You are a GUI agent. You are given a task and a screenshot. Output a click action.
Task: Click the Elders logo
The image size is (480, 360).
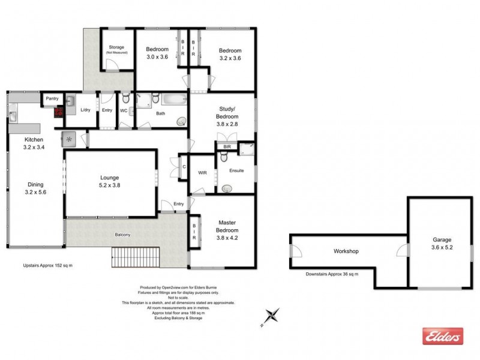coord(443,337)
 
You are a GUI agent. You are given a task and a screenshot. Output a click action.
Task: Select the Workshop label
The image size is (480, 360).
coord(346,251)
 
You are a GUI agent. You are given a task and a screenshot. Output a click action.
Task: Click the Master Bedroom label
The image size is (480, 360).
coord(227,230)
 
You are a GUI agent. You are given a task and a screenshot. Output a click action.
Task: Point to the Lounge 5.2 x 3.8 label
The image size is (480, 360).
coord(110,182)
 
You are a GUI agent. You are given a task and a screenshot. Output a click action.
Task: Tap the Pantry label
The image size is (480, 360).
coord(50,98)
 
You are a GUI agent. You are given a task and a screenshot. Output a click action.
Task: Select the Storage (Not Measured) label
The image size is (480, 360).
coord(115,50)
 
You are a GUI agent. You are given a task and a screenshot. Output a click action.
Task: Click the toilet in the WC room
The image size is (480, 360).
coord(125,98)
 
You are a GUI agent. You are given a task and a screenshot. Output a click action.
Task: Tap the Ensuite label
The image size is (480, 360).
coord(236,171)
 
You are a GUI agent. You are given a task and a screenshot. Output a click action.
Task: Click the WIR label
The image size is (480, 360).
coord(202,173)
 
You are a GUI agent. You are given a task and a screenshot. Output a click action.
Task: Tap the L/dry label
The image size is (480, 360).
coord(85,110)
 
